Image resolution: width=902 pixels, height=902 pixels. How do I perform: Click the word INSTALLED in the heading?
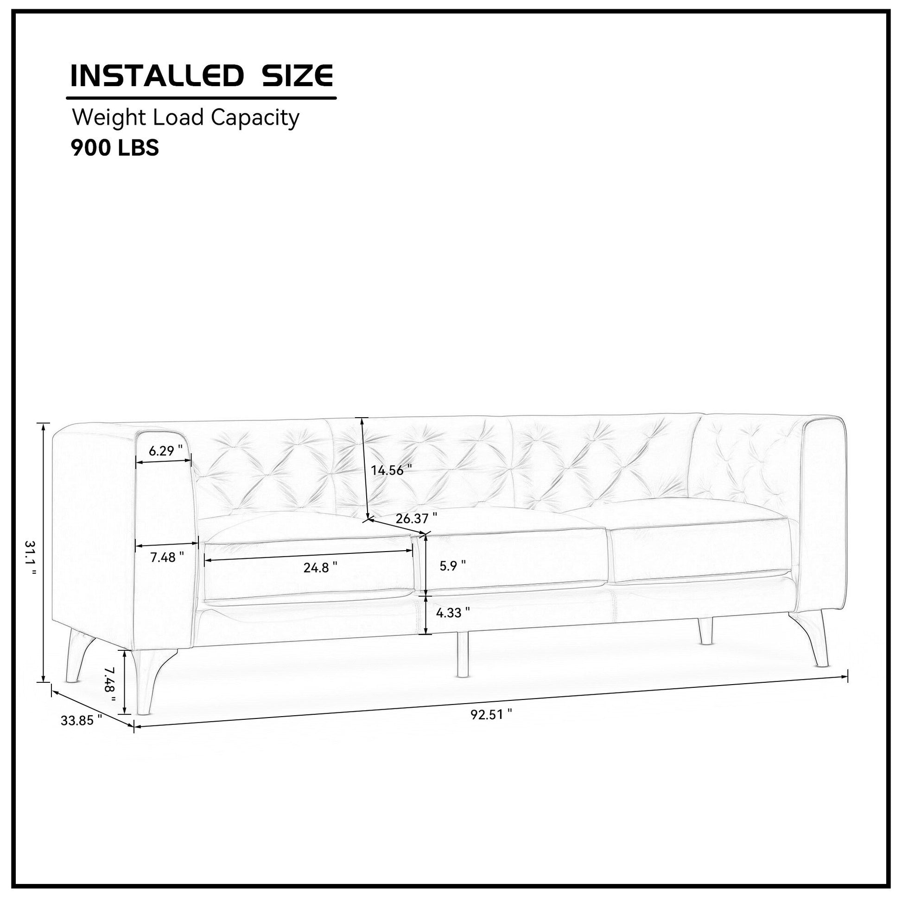click(x=156, y=76)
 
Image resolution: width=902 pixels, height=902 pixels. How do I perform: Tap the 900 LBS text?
click(x=115, y=148)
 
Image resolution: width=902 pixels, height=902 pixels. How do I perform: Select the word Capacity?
click(x=254, y=118)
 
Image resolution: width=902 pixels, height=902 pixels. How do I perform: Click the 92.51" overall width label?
click(x=491, y=715)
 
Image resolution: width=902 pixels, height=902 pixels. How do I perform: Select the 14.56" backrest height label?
click(x=391, y=470)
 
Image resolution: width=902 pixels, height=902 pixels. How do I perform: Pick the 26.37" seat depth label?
click(x=416, y=518)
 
